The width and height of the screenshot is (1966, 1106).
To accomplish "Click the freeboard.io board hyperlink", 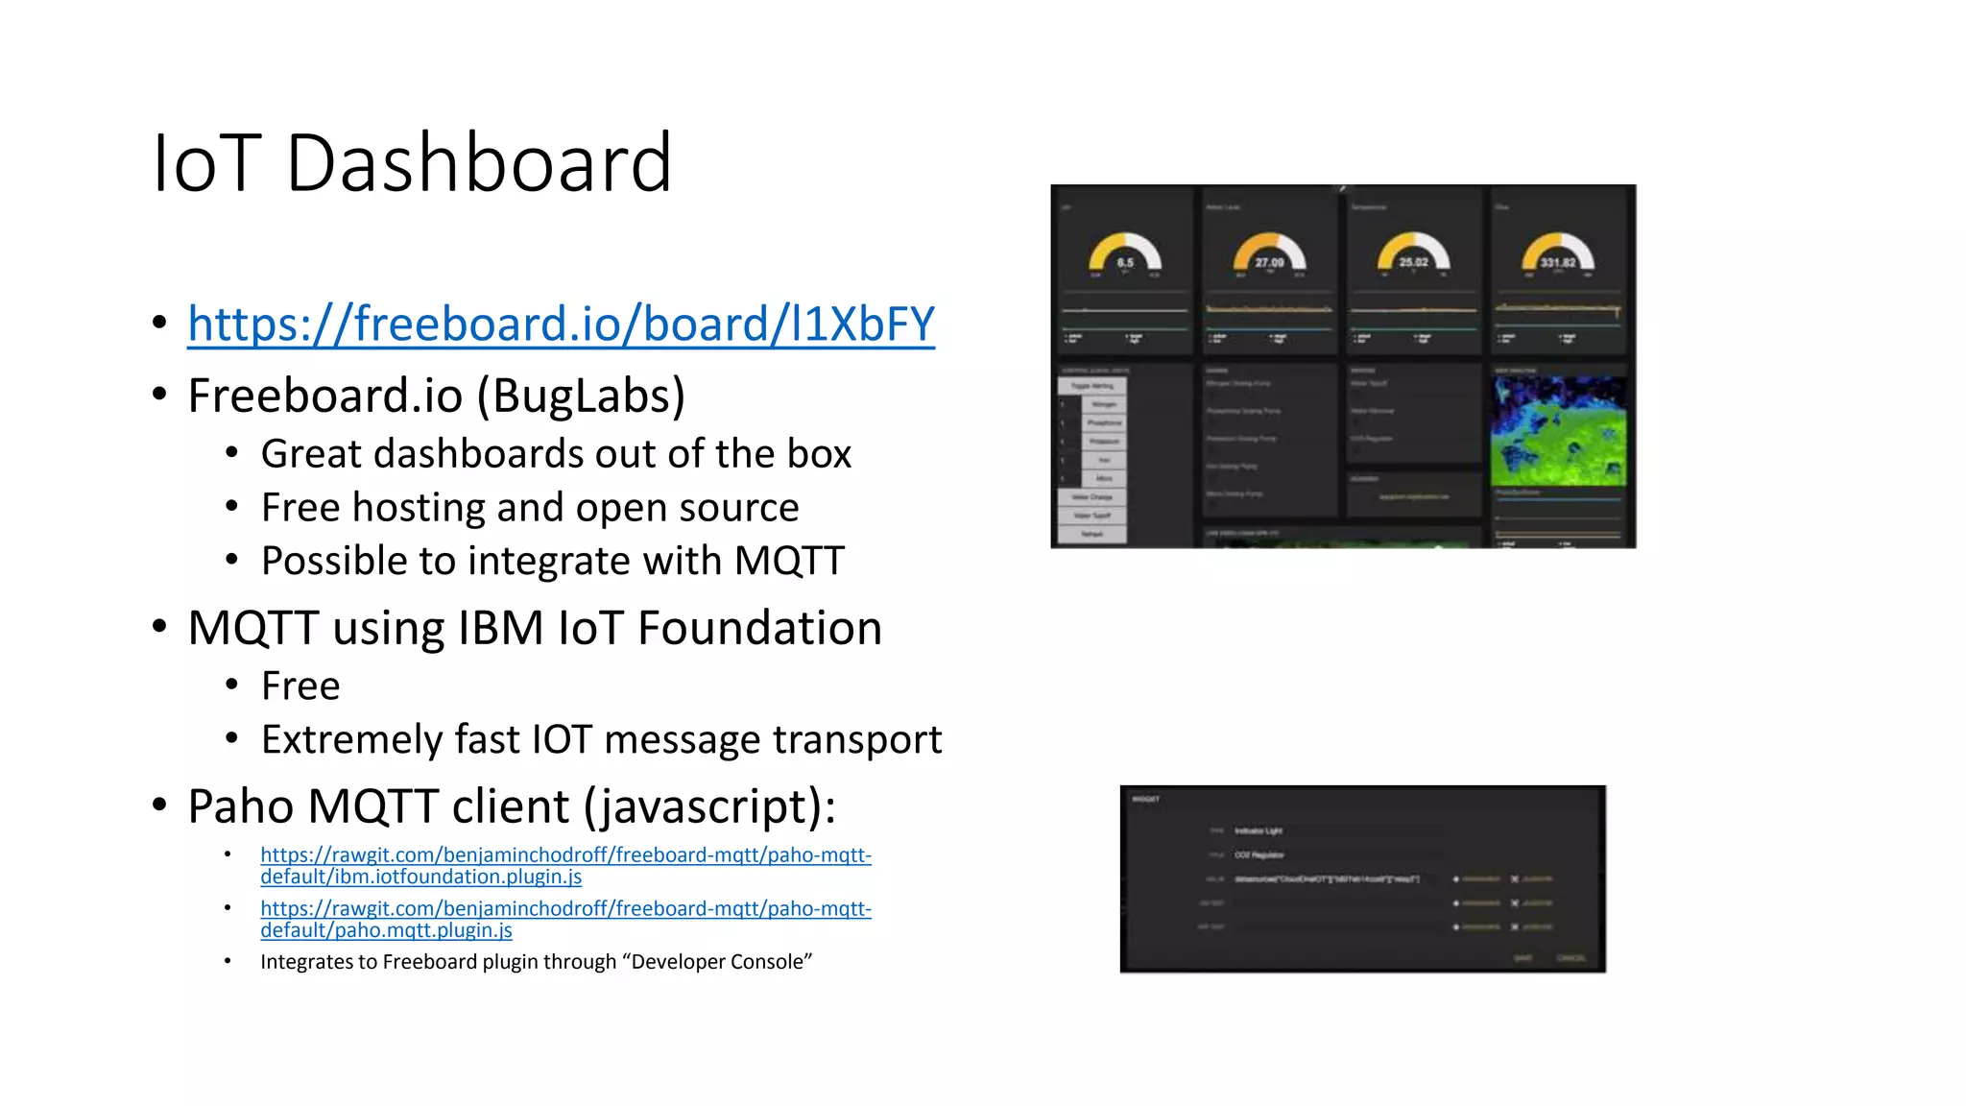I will point(561,324).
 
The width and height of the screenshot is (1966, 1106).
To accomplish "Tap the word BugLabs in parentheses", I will point(581,396).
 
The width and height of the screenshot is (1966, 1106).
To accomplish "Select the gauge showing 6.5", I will point(1125,255).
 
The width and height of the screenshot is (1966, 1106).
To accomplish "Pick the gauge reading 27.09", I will point(1269,255).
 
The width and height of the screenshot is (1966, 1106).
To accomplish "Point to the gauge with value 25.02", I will point(1413,255).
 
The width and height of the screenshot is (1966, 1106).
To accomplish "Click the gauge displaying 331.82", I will point(1557,255).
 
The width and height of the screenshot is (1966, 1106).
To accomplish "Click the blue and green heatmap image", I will point(1558,431).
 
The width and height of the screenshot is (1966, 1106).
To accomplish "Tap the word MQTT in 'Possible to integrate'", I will point(789,561).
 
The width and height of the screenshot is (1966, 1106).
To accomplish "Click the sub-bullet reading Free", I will point(300,686).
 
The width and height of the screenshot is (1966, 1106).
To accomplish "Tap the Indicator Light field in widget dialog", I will point(1259,830).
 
